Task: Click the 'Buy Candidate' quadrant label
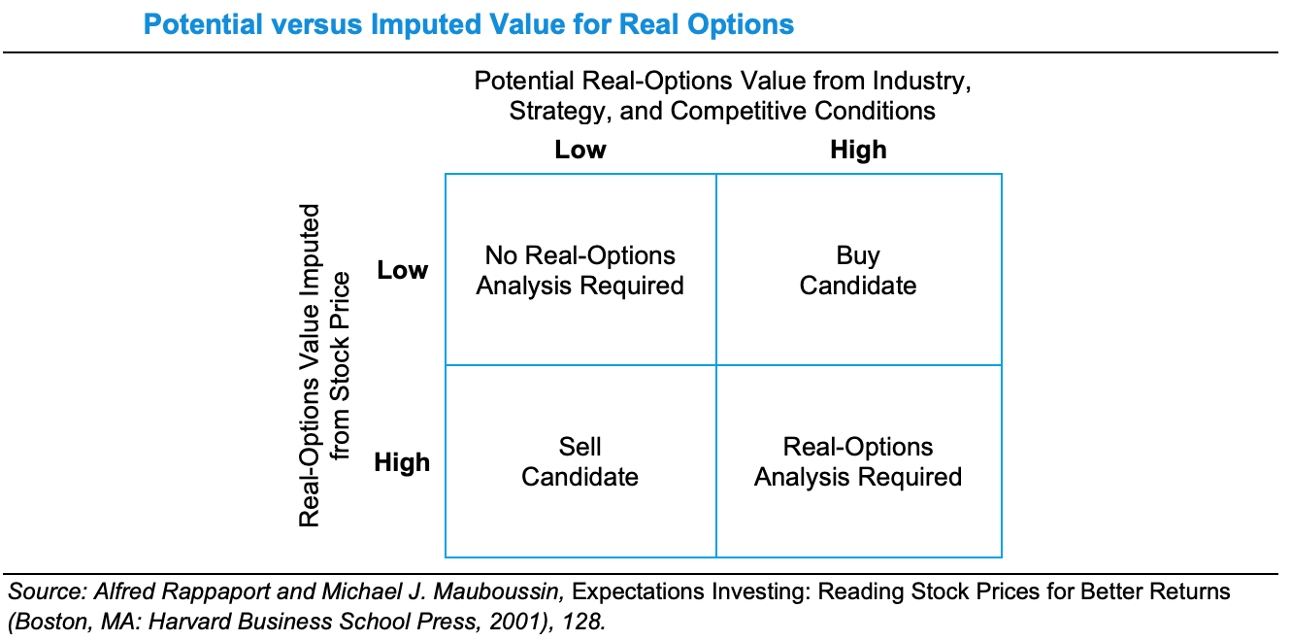pyautogui.click(x=858, y=270)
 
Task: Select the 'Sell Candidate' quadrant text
pyautogui.click(x=579, y=461)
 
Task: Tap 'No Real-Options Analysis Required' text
pyautogui.click(x=579, y=270)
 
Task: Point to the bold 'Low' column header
pyautogui.click(x=580, y=150)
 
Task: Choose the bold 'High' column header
pyautogui.click(x=858, y=150)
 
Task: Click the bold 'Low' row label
pyautogui.click(x=402, y=270)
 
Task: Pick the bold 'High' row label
pyautogui.click(x=402, y=461)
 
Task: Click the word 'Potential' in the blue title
pyautogui.click(x=203, y=24)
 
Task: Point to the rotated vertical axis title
pyautogui.click(x=324, y=365)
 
